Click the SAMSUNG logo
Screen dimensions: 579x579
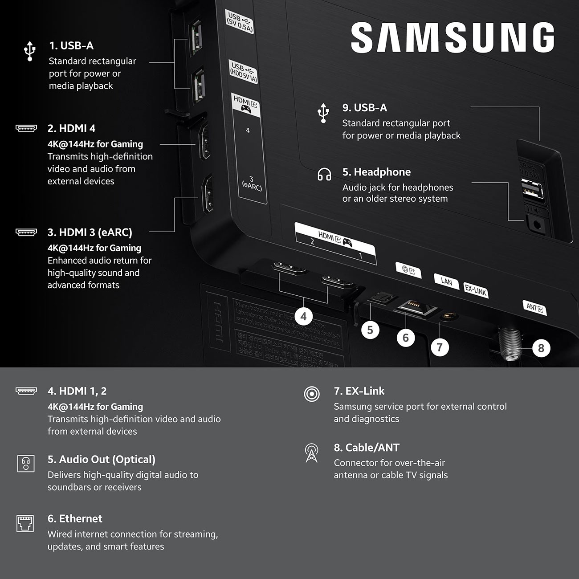click(x=453, y=38)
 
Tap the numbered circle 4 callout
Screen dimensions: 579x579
click(x=303, y=317)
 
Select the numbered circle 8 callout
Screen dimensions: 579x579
click(x=541, y=348)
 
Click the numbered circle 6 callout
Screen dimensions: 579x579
click(x=405, y=338)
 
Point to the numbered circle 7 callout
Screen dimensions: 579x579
click(x=440, y=347)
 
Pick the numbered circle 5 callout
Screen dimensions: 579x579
click(x=370, y=330)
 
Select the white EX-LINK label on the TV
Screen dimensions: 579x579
click(x=475, y=290)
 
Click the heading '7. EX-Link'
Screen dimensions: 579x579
click(x=359, y=391)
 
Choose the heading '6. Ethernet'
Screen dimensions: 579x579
click(x=75, y=519)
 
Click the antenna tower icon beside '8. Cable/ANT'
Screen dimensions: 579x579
click(x=311, y=453)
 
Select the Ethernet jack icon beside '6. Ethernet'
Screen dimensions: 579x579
click(x=25, y=523)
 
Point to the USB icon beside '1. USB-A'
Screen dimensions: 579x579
click(x=30, y=51)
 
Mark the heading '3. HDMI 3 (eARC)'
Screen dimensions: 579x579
click(x=90, y=232)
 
